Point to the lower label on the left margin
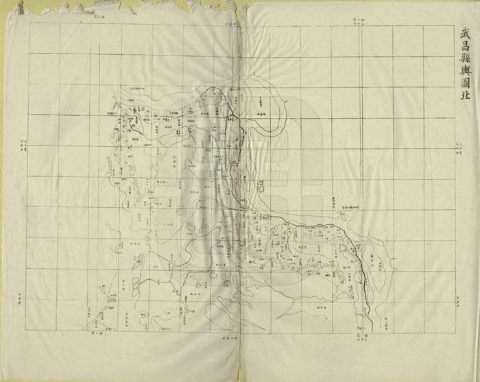click(x=23, y=300)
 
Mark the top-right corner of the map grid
click(x=455, y=24)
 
